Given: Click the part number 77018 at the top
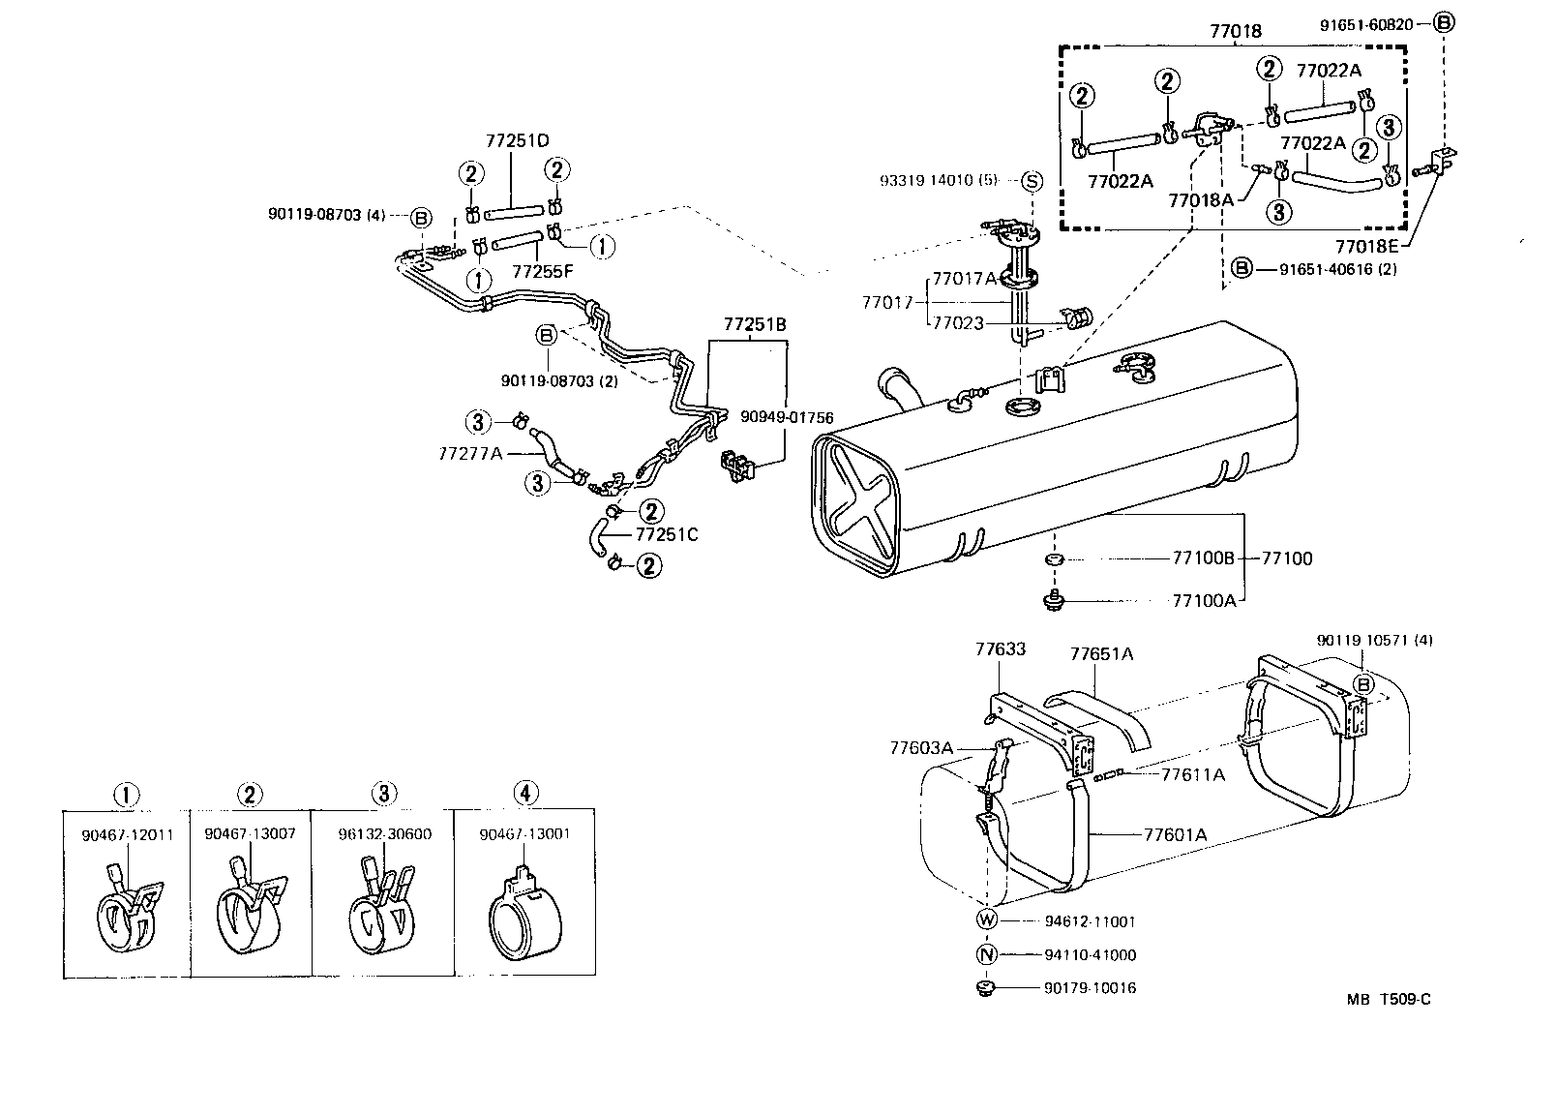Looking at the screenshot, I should (x=1236, y=31).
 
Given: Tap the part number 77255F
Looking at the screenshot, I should (x=542, y=271).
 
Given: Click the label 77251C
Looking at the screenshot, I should (x=667, y=533).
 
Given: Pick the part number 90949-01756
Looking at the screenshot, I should (x=787, y=418).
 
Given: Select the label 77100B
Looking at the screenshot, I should (x=1204, y=558).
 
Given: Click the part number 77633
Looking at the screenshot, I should (x=1000, y=649).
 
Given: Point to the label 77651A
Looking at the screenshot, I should (x=1101, y=653).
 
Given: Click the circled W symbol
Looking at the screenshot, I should (x=987, y=920).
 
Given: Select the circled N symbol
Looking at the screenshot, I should (x=987, y=954).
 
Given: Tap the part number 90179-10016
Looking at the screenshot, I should (x=1090, y=988).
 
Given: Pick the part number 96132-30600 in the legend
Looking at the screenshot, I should (x=386, y=834).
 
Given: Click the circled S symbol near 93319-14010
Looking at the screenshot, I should (x=1032, y=181).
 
